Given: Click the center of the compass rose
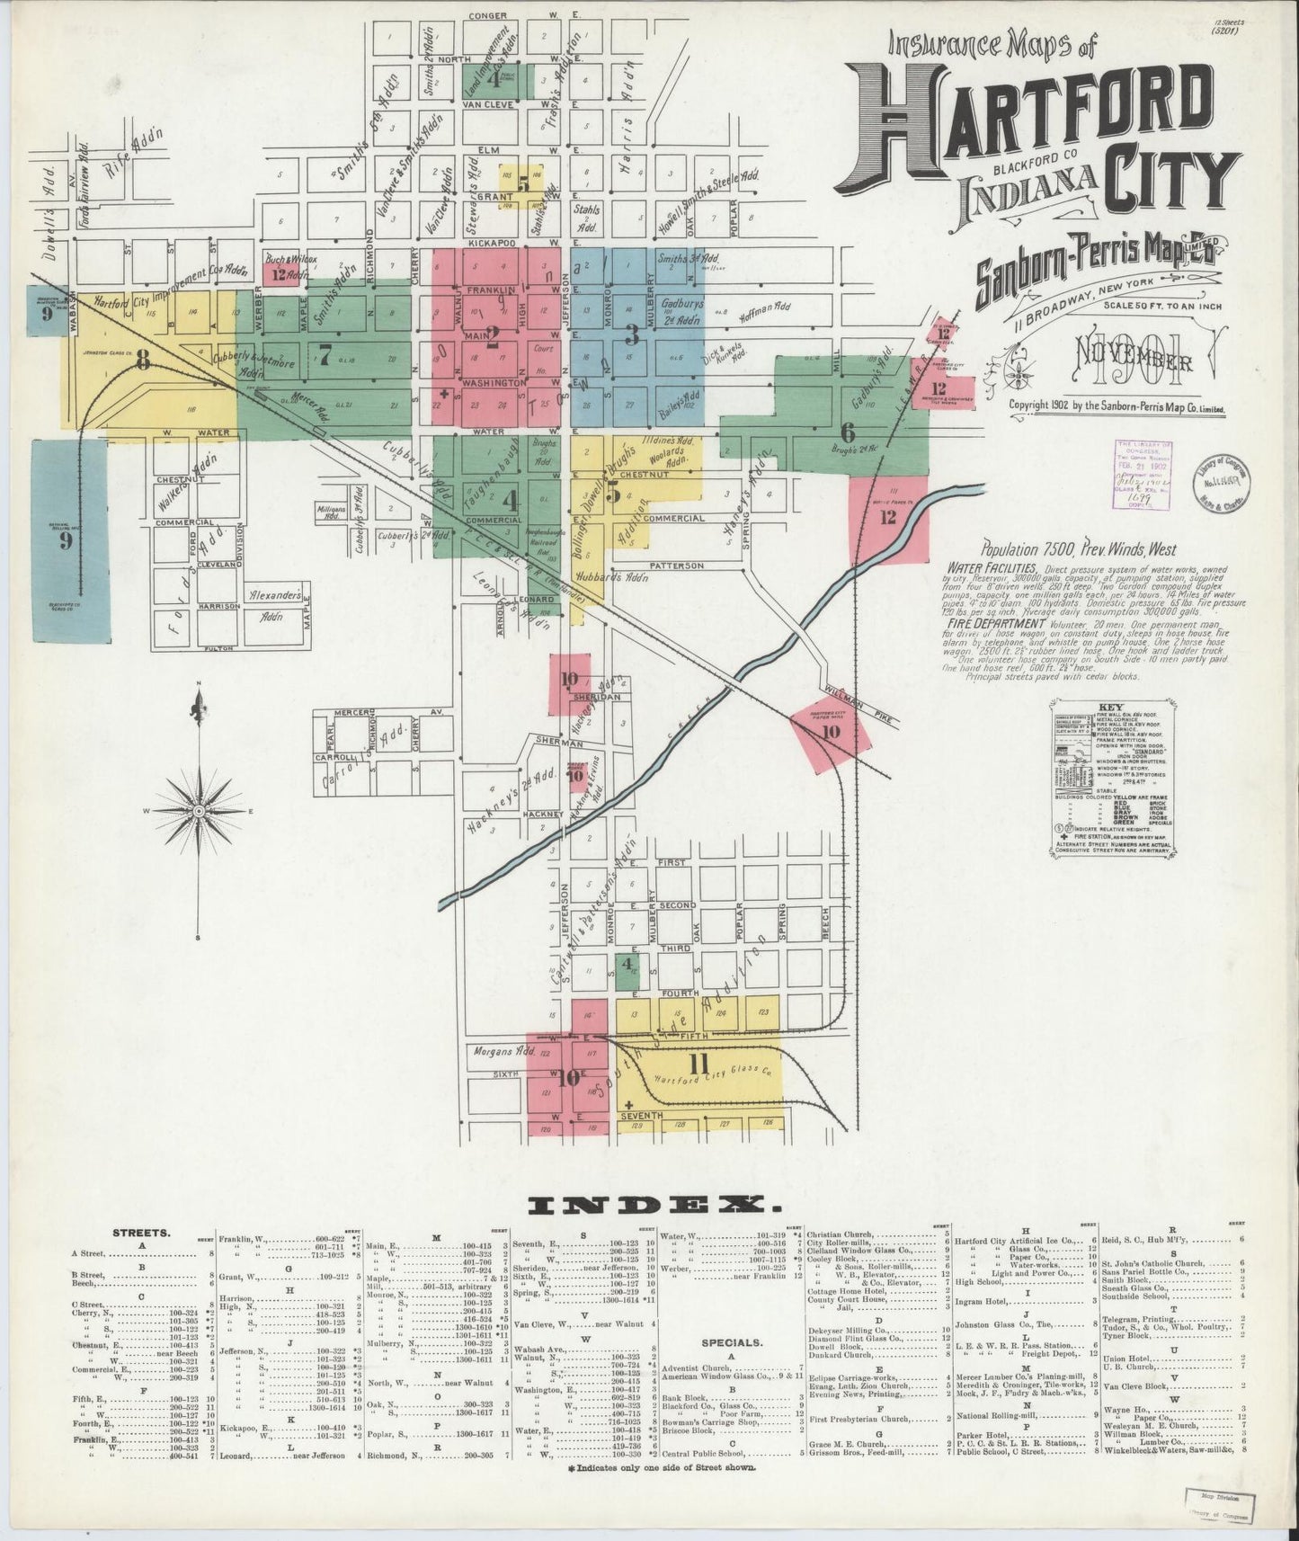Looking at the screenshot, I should coord(198,812).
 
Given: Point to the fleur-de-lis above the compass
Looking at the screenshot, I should coord(198,708).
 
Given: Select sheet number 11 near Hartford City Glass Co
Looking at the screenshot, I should coord(696,1064).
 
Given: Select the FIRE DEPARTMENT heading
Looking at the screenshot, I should coord(996,623).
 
